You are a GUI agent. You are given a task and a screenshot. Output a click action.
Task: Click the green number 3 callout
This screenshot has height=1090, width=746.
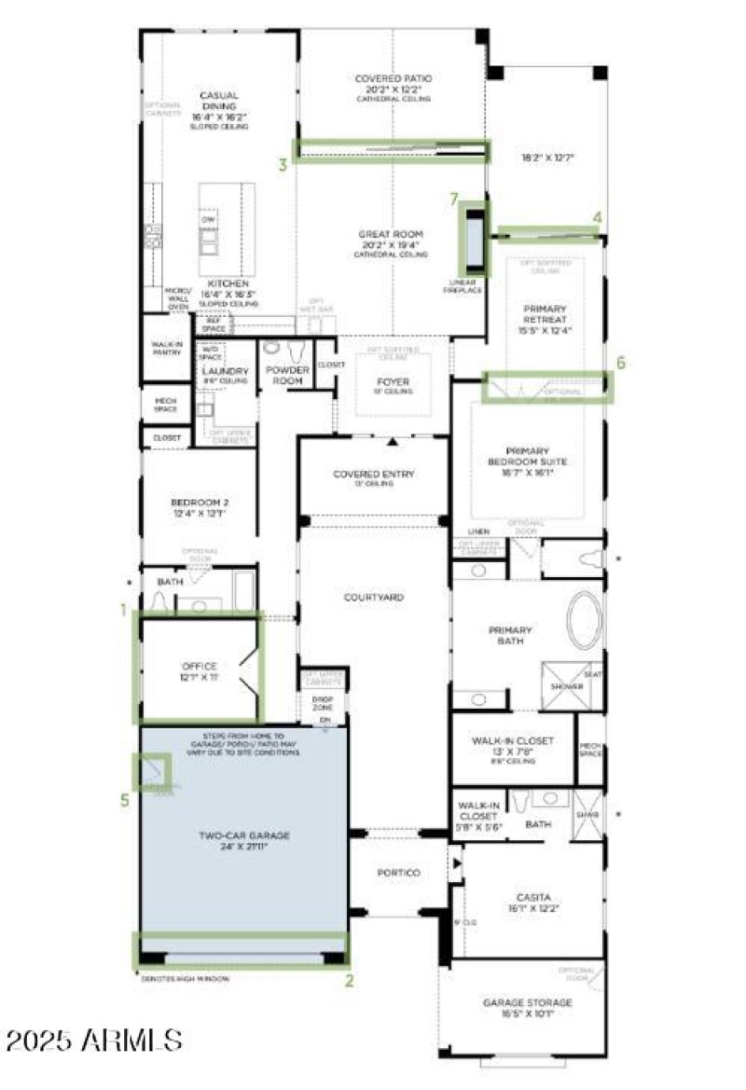(282, 165)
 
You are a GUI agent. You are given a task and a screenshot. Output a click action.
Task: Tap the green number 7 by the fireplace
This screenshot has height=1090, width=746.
(454, 199)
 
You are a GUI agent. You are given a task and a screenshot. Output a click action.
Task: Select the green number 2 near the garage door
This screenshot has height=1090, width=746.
(350, 980)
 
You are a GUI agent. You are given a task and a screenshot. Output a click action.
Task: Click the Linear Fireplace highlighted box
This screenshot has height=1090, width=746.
(474, 240)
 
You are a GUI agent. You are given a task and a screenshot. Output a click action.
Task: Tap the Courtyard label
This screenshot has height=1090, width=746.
(373, 596)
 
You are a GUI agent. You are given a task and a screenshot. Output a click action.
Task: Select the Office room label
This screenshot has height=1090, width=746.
(200, 671)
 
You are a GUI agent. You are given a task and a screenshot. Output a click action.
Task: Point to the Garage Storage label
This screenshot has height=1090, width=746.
(527, 1008)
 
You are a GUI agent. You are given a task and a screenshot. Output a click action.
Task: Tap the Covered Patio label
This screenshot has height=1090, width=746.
(393, 85)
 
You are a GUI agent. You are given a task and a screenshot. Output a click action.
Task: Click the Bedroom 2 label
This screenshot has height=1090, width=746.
(200, 507)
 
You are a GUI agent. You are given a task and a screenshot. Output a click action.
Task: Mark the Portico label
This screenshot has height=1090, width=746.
(398, 873)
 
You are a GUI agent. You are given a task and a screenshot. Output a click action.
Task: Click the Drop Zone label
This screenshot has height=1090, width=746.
(323, 702)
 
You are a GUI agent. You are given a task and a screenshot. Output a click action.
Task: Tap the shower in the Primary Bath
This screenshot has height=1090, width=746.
(566, 685)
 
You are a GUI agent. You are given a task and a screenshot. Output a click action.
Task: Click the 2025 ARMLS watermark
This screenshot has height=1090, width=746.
(93, 1040)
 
